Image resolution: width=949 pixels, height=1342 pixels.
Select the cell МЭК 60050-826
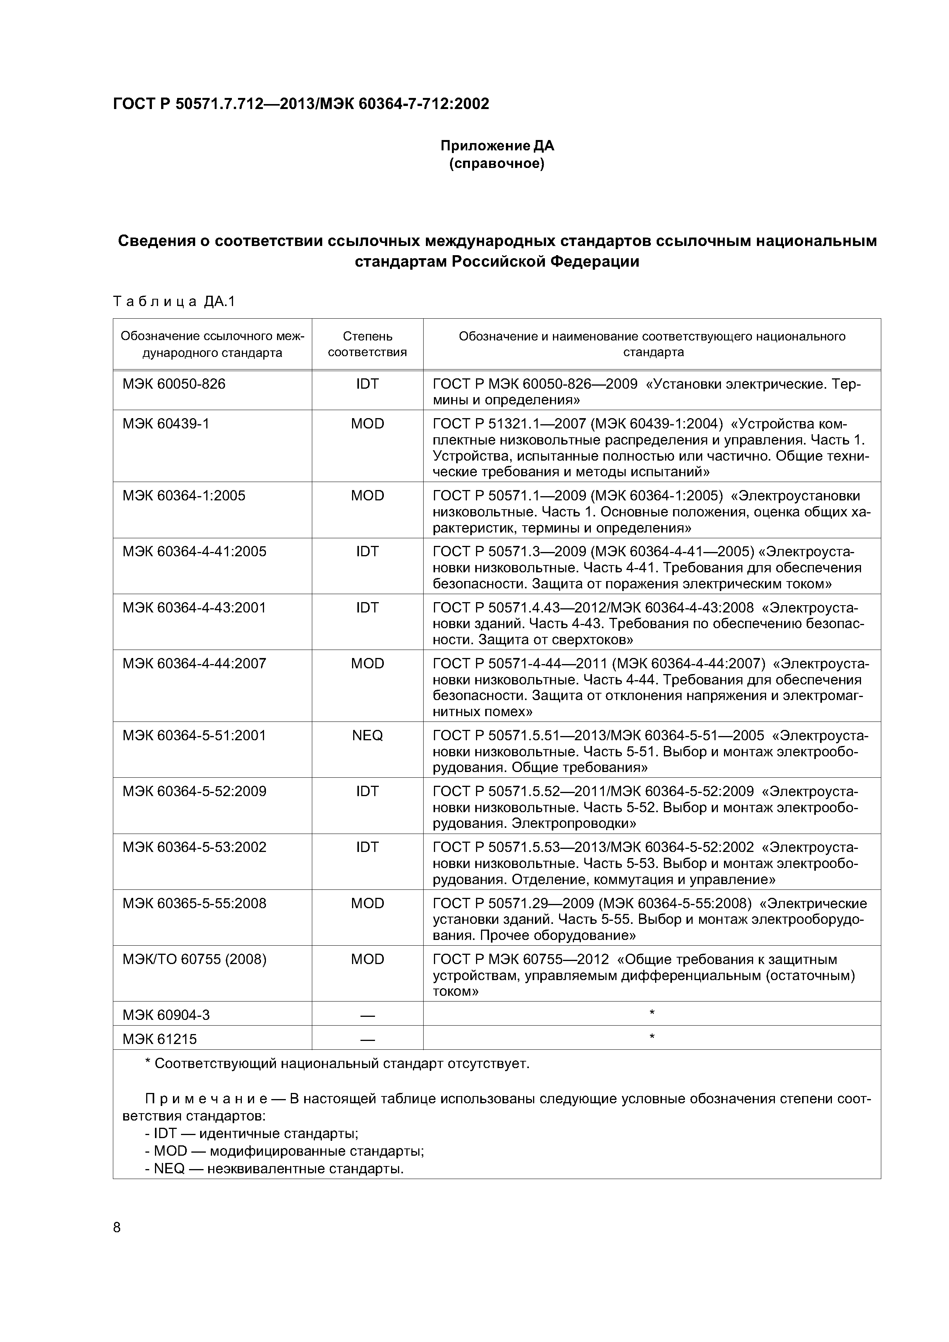point(174,384)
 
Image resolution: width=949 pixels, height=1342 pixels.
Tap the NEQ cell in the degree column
point(367,735)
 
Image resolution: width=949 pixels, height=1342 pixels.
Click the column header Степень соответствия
point(367,344)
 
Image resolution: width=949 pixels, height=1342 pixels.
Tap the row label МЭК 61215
point(160,1039)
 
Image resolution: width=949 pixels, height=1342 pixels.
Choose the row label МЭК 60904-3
point(166,1015)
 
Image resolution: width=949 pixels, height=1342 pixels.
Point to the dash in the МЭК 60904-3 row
point(367,1016)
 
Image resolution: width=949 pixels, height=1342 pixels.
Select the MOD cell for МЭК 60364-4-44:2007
point(367,663)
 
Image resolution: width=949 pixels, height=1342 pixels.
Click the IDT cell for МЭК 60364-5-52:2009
point(367,792)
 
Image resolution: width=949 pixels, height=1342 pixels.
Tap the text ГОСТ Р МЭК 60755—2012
point(520,959)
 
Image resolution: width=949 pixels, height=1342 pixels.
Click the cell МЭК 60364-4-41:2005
point(194,552)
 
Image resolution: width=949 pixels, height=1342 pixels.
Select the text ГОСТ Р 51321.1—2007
point(509,424)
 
